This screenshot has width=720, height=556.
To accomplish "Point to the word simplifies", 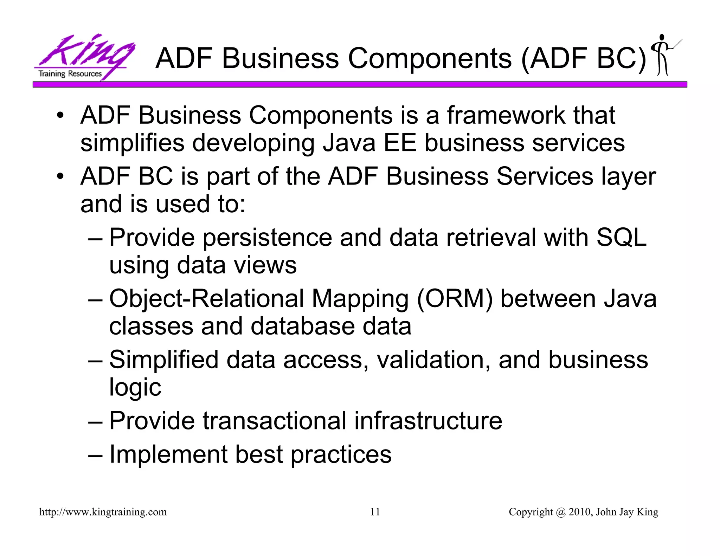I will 132,143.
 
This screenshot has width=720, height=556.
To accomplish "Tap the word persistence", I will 267,238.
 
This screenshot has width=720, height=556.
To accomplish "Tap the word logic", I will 135,387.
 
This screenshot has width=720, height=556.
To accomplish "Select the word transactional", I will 275,421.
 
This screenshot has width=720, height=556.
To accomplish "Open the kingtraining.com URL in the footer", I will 103,512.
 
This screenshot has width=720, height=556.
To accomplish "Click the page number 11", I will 375,512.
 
